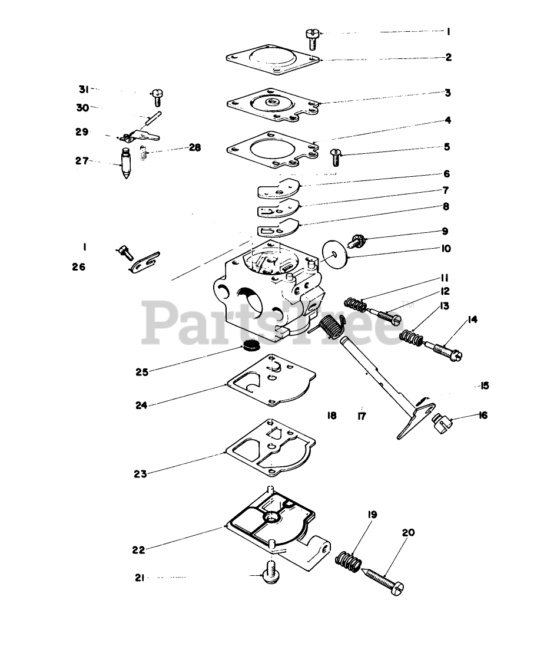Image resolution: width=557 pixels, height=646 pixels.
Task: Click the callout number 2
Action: (x=448, y=57)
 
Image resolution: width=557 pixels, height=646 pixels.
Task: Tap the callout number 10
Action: (x=445, y=248)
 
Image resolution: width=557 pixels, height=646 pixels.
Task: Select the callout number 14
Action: (x=472, y=320)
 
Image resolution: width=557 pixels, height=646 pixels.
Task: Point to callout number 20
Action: (x=408, y=533)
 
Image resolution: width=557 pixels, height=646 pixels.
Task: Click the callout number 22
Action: (x=138, y=550)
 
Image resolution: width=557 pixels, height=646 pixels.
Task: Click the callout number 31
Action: (x=84, y=90)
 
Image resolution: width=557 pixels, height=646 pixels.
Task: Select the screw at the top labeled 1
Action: (x=312, y=39)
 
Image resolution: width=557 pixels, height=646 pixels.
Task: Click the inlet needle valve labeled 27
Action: (x=126, y=164)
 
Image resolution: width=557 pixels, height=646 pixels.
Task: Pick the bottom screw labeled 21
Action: (x=270, y=571)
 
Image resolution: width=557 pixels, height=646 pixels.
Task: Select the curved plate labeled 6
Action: (x=278, y=189)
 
